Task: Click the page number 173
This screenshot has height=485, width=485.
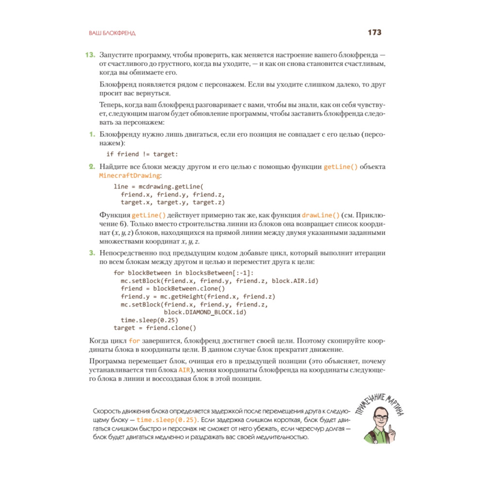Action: pyautogui.click(x=375, y=32)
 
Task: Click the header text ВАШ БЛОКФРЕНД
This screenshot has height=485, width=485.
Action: pyautogui.click(x=112, y=33)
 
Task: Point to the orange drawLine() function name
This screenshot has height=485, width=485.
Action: pyautogui.click(x=320, y=214)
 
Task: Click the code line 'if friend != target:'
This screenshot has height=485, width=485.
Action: pyautogui.click(x=142, y=154)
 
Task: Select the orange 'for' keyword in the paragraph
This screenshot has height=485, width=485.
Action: pyautogui.click(x=134, y=341)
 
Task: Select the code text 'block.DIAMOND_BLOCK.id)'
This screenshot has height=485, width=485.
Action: pyautogui.click(x=206, y=312)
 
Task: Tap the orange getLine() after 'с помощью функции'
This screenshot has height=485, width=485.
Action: pyautogui.click(x=340, y=167)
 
